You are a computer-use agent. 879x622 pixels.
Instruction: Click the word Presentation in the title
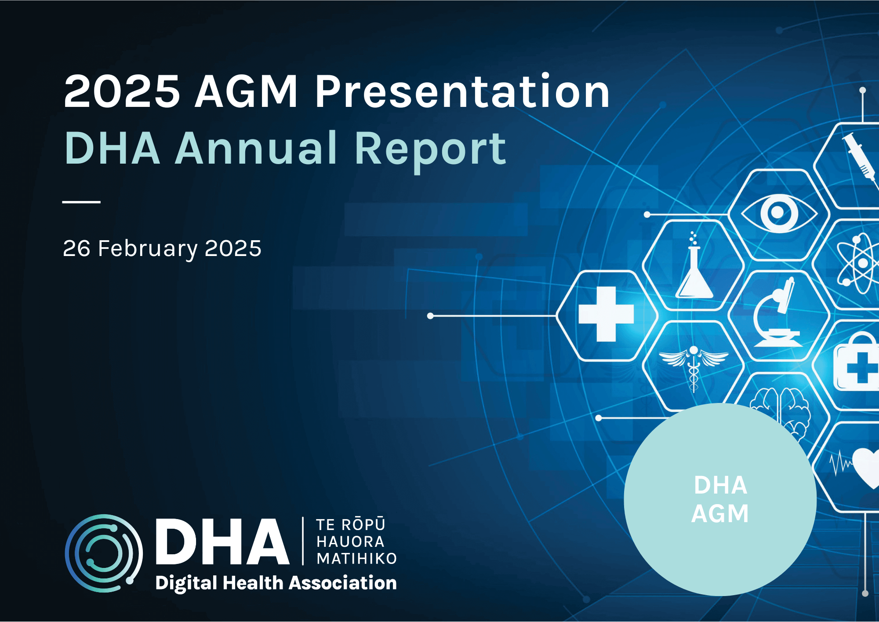462,91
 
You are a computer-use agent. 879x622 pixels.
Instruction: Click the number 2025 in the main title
122,91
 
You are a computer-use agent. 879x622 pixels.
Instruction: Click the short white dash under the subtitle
81,202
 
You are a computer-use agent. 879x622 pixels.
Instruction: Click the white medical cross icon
606,314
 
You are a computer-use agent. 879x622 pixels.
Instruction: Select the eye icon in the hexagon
778,213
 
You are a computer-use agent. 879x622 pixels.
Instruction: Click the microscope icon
777,313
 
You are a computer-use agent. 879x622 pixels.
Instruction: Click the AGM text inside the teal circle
720,514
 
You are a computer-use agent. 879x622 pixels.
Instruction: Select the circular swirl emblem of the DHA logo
104,553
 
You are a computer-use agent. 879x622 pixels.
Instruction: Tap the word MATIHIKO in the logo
356,559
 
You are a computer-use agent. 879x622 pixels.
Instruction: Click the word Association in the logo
343,583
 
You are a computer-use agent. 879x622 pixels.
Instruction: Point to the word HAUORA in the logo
350,542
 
